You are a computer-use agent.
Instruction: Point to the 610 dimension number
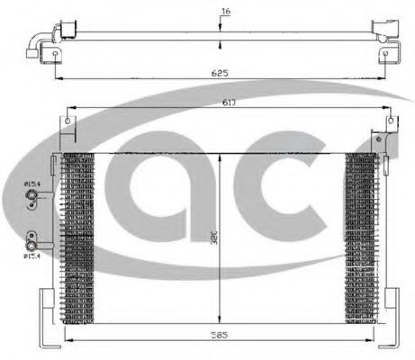tap(229, 102)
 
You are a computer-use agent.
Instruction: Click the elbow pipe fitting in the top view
tap(37, 40)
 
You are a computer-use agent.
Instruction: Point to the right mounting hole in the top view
tap(390, 55)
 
